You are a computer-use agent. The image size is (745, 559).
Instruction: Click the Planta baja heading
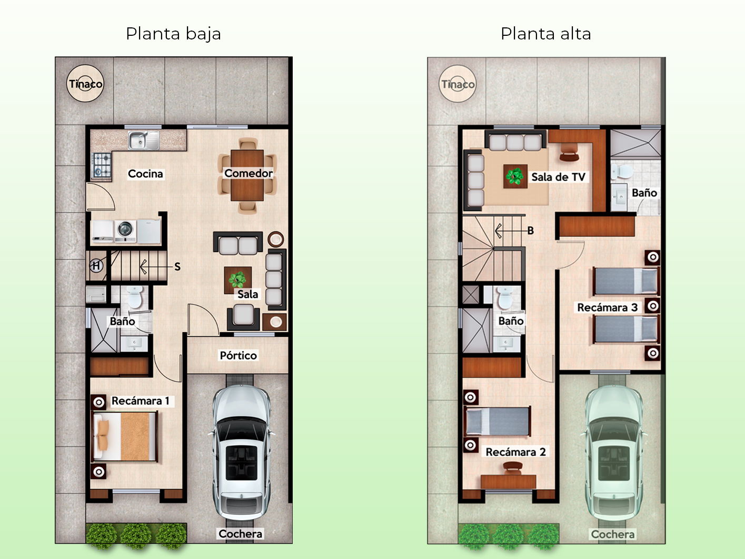click(x=173, y=34)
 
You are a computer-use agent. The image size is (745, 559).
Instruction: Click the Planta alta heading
click(x=546, y=34)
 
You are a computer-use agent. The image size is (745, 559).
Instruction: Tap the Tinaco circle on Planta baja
click(x=85, y=84)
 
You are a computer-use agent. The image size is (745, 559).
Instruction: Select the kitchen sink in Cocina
click(x=144, y=141)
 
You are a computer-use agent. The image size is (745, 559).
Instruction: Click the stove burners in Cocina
click(x=102, y=165)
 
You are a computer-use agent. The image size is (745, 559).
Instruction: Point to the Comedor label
click(x=249, y=173)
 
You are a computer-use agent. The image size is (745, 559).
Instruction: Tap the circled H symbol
click(x=96, y=265)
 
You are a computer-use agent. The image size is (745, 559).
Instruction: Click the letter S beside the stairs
click(x=177, y=267)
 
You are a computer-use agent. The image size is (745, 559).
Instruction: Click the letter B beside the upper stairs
click(x=531, y=231)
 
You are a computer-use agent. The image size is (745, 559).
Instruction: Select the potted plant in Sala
click(x=237, y=279)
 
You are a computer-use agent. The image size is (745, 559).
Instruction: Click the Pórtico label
click(x=239, y=355)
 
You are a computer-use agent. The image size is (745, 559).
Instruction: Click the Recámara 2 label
click(x=515, y=452)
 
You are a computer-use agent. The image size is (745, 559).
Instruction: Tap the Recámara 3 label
click(x=607, y=307)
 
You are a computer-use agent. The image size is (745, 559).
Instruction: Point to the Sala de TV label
click(x=558, y=177)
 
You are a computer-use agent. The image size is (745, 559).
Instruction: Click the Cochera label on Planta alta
click(x=613, y=535)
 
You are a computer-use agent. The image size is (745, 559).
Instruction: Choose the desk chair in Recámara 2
click(x=513, y=468)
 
